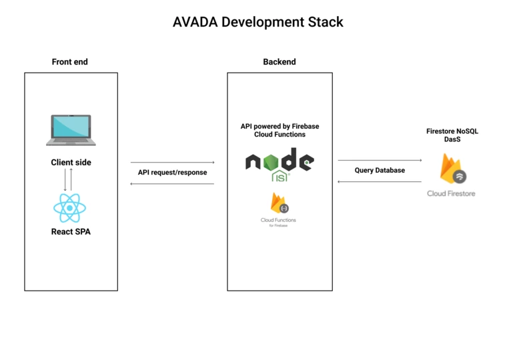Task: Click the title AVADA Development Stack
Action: point(258,21)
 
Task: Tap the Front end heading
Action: point(70,62)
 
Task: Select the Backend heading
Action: point(280,62)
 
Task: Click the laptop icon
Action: point(71,130)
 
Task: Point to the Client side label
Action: point(71,162)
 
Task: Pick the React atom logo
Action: point(71,207)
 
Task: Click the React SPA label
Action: point(71,232)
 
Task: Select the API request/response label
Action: point(172,172)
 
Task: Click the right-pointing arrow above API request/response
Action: point(172,162)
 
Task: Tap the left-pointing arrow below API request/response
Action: point(172,183)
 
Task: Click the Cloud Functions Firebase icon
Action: point(279,203)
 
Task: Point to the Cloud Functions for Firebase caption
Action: point(279,222)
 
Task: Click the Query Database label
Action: point(380,170)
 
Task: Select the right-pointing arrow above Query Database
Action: point(380,160)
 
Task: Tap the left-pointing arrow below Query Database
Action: point(380,181)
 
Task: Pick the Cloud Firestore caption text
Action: point(452,193)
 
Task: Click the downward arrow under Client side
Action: point(65,180)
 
